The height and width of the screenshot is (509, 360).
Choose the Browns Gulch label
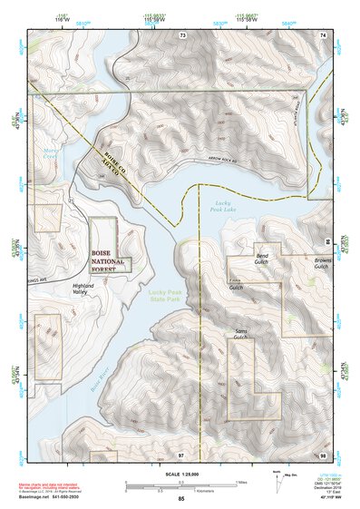320,263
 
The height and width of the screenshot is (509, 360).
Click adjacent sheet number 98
321,454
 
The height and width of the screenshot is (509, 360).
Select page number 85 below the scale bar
181,499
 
